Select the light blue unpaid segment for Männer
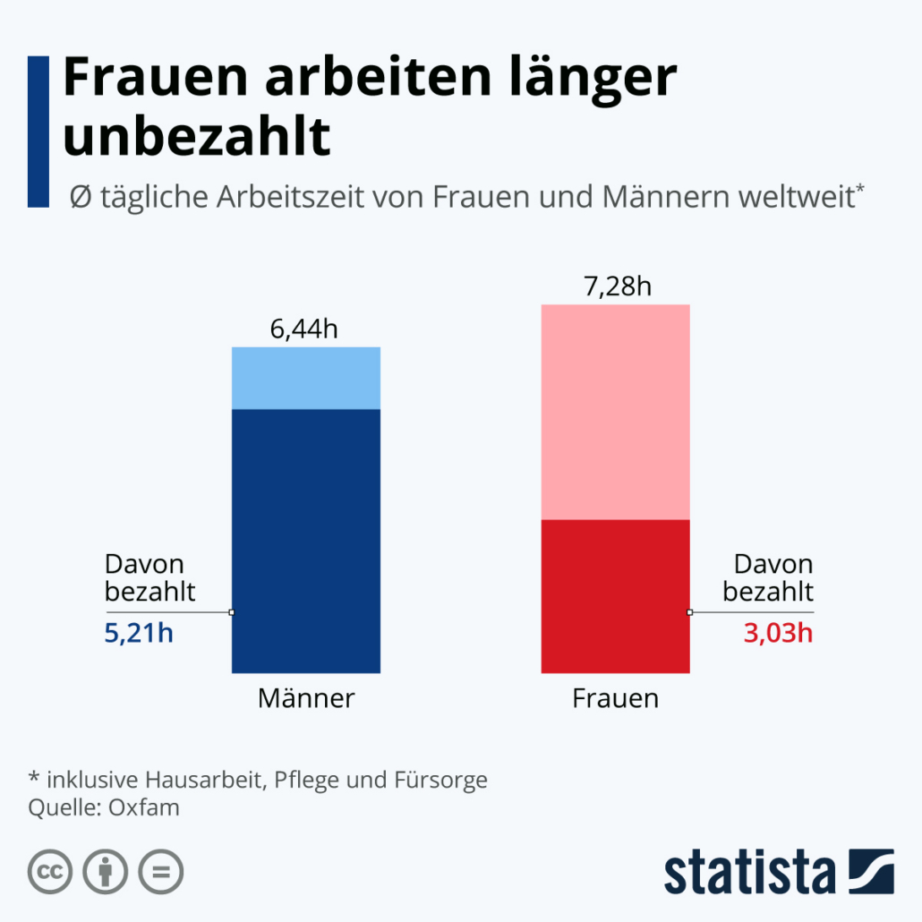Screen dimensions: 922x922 tap(306, 378)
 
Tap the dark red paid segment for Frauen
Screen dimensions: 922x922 tap(615, 595)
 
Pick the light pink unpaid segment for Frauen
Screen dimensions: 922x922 tap(615, 412)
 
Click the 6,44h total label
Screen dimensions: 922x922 tap(304, 329)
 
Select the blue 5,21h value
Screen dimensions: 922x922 tap(139, 634)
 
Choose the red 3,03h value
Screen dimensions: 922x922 tap(778, 634)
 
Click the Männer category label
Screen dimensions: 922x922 tap(306, 698)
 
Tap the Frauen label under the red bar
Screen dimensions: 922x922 tap(615, 698)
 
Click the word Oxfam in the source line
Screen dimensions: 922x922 tap(144, 807)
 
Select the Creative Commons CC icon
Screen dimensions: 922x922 tap(51, 871)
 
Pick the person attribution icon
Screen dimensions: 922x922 tap(106, 871)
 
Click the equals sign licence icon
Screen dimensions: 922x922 tap(160, 871)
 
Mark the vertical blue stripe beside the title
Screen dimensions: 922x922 tap(38, 132)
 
